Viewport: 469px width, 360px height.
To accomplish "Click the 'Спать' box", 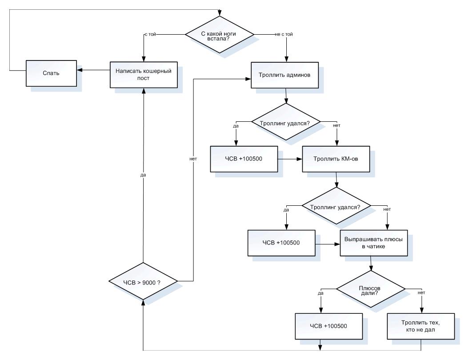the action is [51, 73].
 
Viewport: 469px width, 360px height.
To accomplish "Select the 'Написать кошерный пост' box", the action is [144, 75].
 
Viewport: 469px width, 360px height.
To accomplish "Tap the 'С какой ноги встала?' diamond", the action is [220, 35].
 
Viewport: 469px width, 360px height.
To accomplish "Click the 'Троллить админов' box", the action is [285, 75].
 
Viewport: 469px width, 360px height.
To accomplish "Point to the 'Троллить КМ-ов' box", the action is [336, 159].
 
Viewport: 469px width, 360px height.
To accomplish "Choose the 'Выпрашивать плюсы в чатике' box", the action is [373, 243].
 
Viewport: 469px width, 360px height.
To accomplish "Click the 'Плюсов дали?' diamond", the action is [371, 289].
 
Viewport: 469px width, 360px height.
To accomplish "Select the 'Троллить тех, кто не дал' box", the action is [421, 326].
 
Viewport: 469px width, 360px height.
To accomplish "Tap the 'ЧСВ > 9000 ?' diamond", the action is [143, 281].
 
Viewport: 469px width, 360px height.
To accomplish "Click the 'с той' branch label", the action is [150, 34].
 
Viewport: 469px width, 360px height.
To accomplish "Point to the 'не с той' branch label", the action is [284, 34].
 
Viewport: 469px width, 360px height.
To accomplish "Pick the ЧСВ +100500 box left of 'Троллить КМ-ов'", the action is [244, 159].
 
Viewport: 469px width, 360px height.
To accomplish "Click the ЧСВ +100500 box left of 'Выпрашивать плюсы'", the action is [281, 243].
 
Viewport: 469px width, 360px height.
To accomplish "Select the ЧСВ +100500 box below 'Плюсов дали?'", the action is [329, 326].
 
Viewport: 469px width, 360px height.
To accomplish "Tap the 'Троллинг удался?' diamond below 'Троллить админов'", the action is [286, 122].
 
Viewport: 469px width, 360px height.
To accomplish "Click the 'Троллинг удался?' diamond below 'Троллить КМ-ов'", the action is [336, 206].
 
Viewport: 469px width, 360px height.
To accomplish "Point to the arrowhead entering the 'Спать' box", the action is [79, 70].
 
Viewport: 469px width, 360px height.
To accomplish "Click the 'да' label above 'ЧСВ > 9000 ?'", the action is [143, 175].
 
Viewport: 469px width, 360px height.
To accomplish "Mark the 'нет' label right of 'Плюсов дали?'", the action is [421, 293].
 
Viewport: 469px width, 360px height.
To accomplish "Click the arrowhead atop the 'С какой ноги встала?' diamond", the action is [220, 13].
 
